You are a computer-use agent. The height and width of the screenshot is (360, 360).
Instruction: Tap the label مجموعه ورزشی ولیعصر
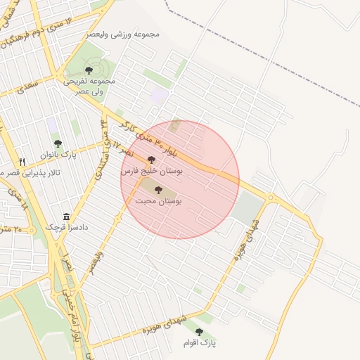point(124,34)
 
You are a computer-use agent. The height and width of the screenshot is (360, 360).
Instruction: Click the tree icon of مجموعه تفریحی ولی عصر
point(89,70)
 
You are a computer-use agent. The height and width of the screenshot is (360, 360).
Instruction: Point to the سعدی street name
point(29,88)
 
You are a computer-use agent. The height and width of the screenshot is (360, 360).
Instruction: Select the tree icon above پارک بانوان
point(58,143)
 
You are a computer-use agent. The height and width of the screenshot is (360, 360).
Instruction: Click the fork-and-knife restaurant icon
point(22,161)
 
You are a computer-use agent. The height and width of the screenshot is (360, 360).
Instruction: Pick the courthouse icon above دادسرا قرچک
point(67,217)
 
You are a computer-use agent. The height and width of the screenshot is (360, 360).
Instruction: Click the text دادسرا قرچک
point(65,227)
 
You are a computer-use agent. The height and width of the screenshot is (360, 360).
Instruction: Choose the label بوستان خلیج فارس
point(152,171)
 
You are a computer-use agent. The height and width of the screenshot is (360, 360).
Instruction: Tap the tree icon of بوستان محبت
point(157,190)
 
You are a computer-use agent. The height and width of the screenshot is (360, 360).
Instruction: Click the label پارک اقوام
point(199,342)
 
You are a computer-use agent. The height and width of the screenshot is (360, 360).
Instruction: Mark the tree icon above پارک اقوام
point(199,331)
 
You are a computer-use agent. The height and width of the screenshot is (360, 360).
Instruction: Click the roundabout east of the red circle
point(270,197)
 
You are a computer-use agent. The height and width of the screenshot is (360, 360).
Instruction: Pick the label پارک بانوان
point(58,154)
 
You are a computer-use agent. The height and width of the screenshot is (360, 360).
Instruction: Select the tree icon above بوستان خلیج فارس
point(151,160)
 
